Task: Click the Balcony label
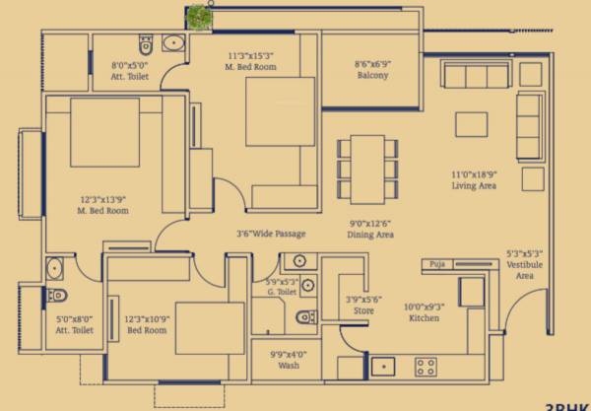click(x=371, y=76)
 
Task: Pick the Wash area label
click(x=289, y=365)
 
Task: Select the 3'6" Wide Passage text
click(x=271, y=234)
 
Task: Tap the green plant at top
click(x=201, y=15)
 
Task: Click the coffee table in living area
click(x=470, y=123)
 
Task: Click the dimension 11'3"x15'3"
click(x=251, y=61)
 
